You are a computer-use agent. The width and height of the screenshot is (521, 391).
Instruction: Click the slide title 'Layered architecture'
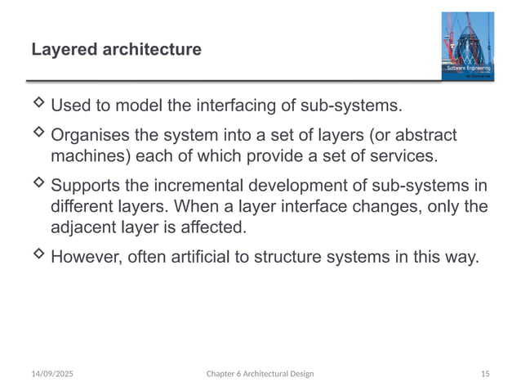pos(116,50)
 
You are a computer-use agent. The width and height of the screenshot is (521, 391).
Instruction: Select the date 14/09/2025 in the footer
pos(51,374)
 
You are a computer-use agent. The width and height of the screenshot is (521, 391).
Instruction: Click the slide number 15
pos(485,374)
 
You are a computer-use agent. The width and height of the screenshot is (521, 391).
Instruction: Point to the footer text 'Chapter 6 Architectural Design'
pos(260,374)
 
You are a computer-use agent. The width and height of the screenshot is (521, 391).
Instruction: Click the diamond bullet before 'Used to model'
pos(38,104)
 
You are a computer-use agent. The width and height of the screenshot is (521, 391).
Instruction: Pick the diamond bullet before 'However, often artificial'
pos(38,254)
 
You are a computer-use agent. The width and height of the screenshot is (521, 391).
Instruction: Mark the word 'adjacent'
pos(85,226)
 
